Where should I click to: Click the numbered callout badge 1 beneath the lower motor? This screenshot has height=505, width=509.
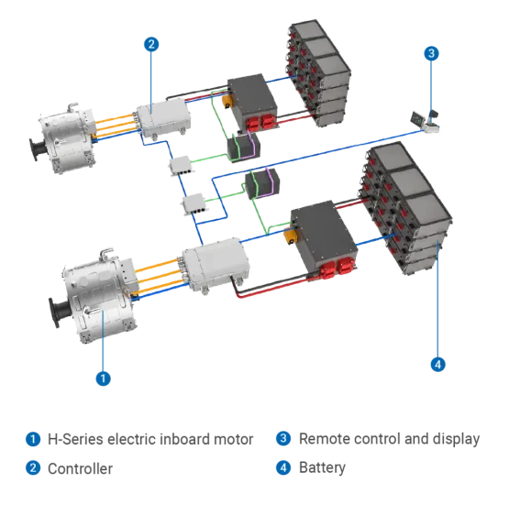[x=105, y=377]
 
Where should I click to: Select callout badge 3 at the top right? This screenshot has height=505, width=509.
[x=432, y=53]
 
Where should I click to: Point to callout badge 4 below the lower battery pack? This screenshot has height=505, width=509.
[x=437, y=364]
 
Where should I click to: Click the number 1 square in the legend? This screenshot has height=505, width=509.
[x=34, y=438]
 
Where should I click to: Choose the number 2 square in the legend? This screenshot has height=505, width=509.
[x=34, y=468]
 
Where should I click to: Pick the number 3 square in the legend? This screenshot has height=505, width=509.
[x=283, y=438]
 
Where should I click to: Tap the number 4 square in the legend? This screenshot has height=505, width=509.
[x=283, y=468]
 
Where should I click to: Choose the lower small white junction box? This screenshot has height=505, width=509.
[x=198, y=206]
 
